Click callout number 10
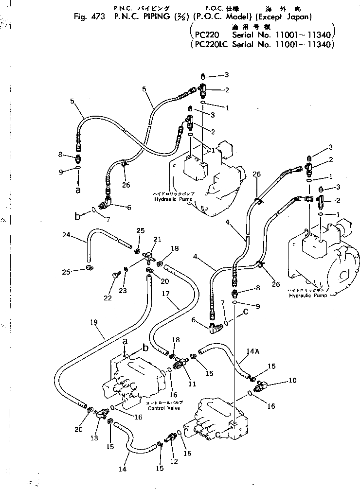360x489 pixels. coord(292,381)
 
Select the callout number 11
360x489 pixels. coord(192,384)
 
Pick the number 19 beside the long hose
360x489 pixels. coord(94,321)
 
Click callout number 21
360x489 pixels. coord(157,239)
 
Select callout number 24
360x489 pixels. coord(67,235)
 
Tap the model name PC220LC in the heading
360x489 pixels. coord(211,44)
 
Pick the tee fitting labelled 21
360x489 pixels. coord(148,254)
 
